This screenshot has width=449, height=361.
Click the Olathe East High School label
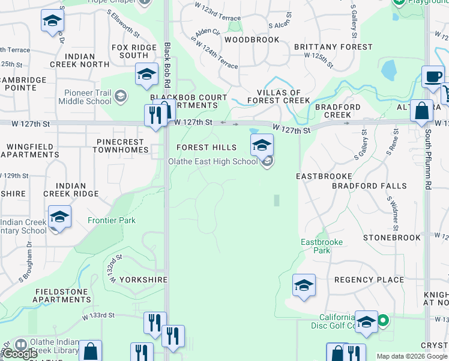point(212,161)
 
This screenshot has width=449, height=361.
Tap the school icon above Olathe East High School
point(262,145)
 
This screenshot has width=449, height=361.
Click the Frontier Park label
point(112,221)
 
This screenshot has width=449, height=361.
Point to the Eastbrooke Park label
point(322,246)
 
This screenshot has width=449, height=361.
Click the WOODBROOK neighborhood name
point(252,40)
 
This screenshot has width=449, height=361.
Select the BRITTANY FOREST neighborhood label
point(333,47)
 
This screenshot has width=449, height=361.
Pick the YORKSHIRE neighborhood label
point(142,280)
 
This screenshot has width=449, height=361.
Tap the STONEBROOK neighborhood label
point(392,238)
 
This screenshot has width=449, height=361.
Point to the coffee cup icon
point(433,76)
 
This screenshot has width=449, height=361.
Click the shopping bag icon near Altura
point(422,111)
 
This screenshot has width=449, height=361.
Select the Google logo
point(21,354)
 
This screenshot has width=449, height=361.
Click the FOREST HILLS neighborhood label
point(206,147)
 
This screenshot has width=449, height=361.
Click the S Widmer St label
point(392,214)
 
